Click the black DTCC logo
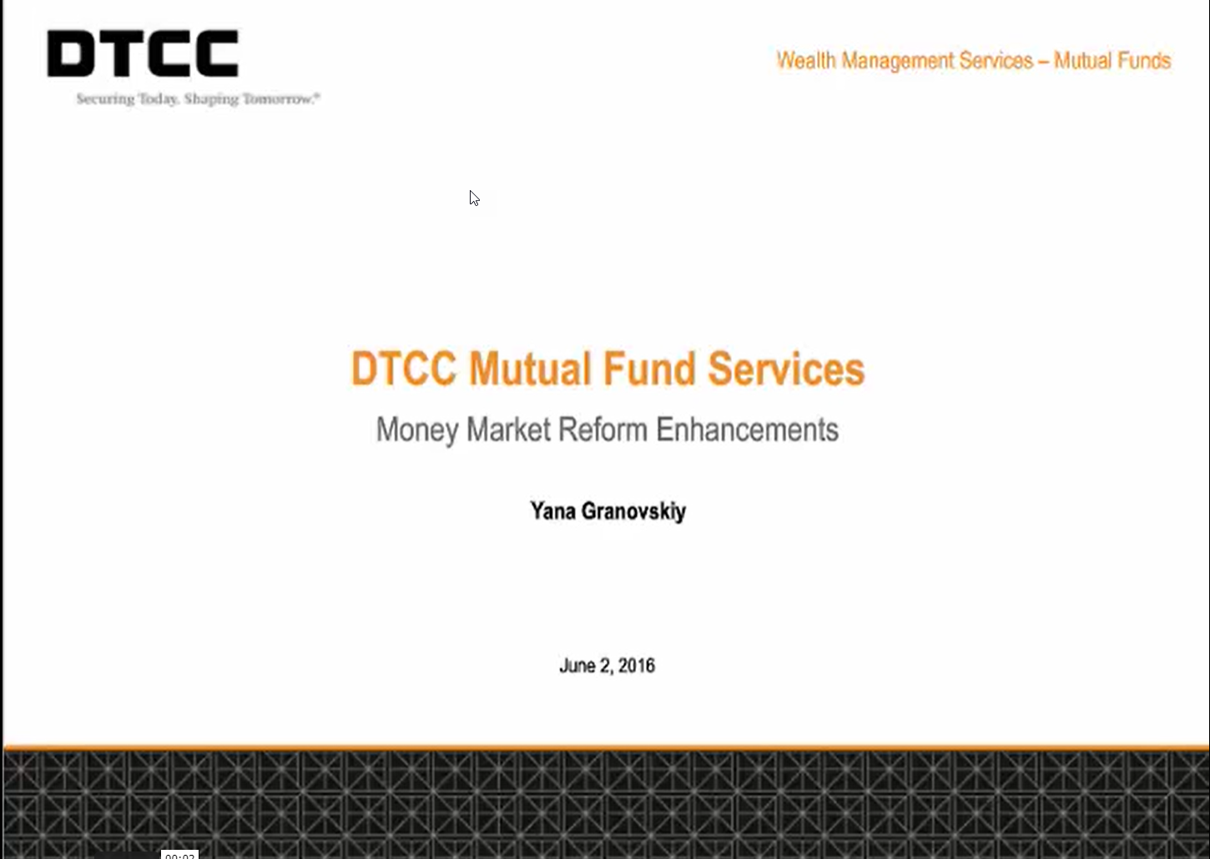(143, 53)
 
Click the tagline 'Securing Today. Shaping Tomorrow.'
(198, 98)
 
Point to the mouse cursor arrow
(474, 198)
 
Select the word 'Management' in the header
(897, 62)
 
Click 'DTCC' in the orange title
(404, 369)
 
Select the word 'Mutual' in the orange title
(529, 369)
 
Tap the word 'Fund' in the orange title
(648, 369)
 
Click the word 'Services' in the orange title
(786, 369)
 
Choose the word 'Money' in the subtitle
(417, 431)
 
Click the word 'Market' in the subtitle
(508, 429)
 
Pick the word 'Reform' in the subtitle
(602, 429)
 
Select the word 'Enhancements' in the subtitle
(747, 429)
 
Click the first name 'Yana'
(552, 510)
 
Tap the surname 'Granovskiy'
(633, 511)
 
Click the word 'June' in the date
(577, 666)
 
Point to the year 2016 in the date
(637, 666)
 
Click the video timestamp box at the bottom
(179, 854)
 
